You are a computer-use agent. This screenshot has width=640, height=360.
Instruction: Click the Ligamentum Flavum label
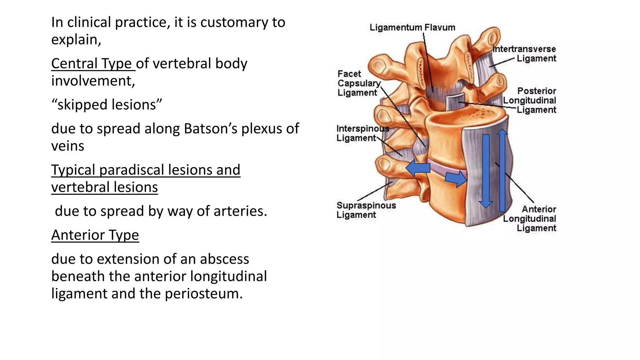tap(412, 27)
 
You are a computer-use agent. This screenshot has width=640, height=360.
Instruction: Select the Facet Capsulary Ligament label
tap(358, 83)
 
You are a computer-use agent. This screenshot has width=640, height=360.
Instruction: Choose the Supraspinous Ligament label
tap(366, 210)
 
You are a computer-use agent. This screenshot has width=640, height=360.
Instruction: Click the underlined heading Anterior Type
tap(95, 235)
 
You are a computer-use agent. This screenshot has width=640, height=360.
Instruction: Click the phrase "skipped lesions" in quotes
tap(107, 105)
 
